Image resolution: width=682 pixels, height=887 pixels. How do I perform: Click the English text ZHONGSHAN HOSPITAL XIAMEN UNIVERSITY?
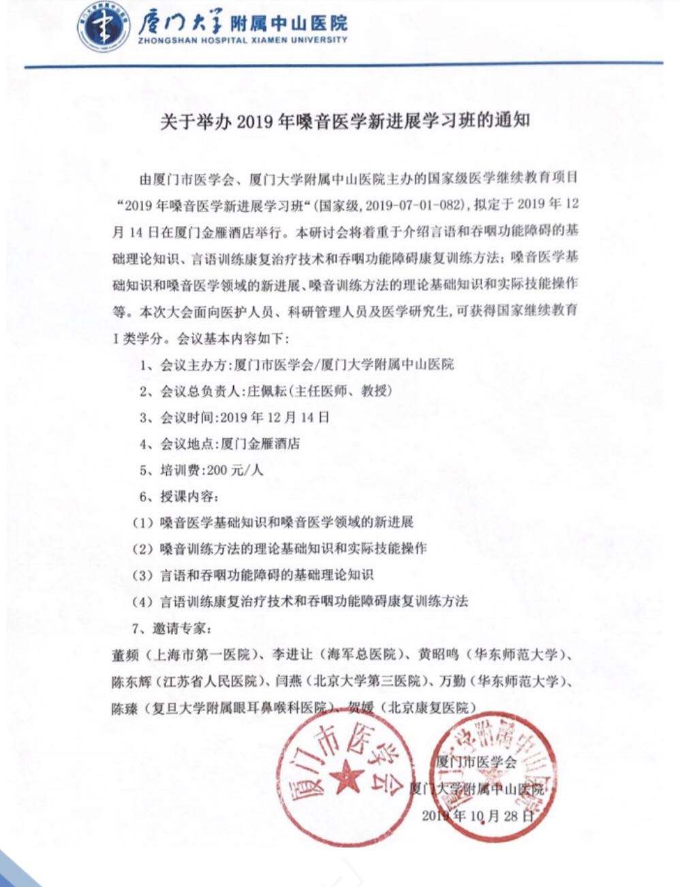coord(243,40)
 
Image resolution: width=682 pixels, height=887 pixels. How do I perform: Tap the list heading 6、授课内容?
coord(180,496)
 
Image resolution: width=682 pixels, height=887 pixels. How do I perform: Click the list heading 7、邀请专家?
coord(180,627)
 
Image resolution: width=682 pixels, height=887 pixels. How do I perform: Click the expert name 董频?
coord(125,655)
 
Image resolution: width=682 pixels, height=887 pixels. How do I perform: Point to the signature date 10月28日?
coord(501,815)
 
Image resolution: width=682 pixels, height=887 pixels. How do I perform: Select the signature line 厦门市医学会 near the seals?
coord(477,761)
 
